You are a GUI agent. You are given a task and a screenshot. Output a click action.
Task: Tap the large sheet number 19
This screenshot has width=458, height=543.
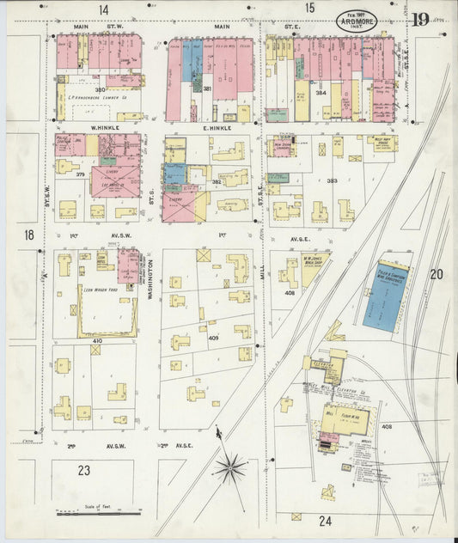419,18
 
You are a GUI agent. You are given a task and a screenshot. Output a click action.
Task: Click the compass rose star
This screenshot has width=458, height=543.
229,467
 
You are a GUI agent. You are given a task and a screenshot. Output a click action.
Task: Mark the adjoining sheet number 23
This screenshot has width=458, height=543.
83,470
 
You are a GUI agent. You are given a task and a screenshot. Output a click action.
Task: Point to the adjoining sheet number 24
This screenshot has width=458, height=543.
325,520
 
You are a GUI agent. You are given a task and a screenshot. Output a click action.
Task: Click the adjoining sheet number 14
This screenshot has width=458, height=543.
103,9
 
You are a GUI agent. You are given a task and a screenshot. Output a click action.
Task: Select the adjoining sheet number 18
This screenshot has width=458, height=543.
28,235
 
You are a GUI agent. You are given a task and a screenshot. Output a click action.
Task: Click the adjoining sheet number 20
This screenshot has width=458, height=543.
436,274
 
